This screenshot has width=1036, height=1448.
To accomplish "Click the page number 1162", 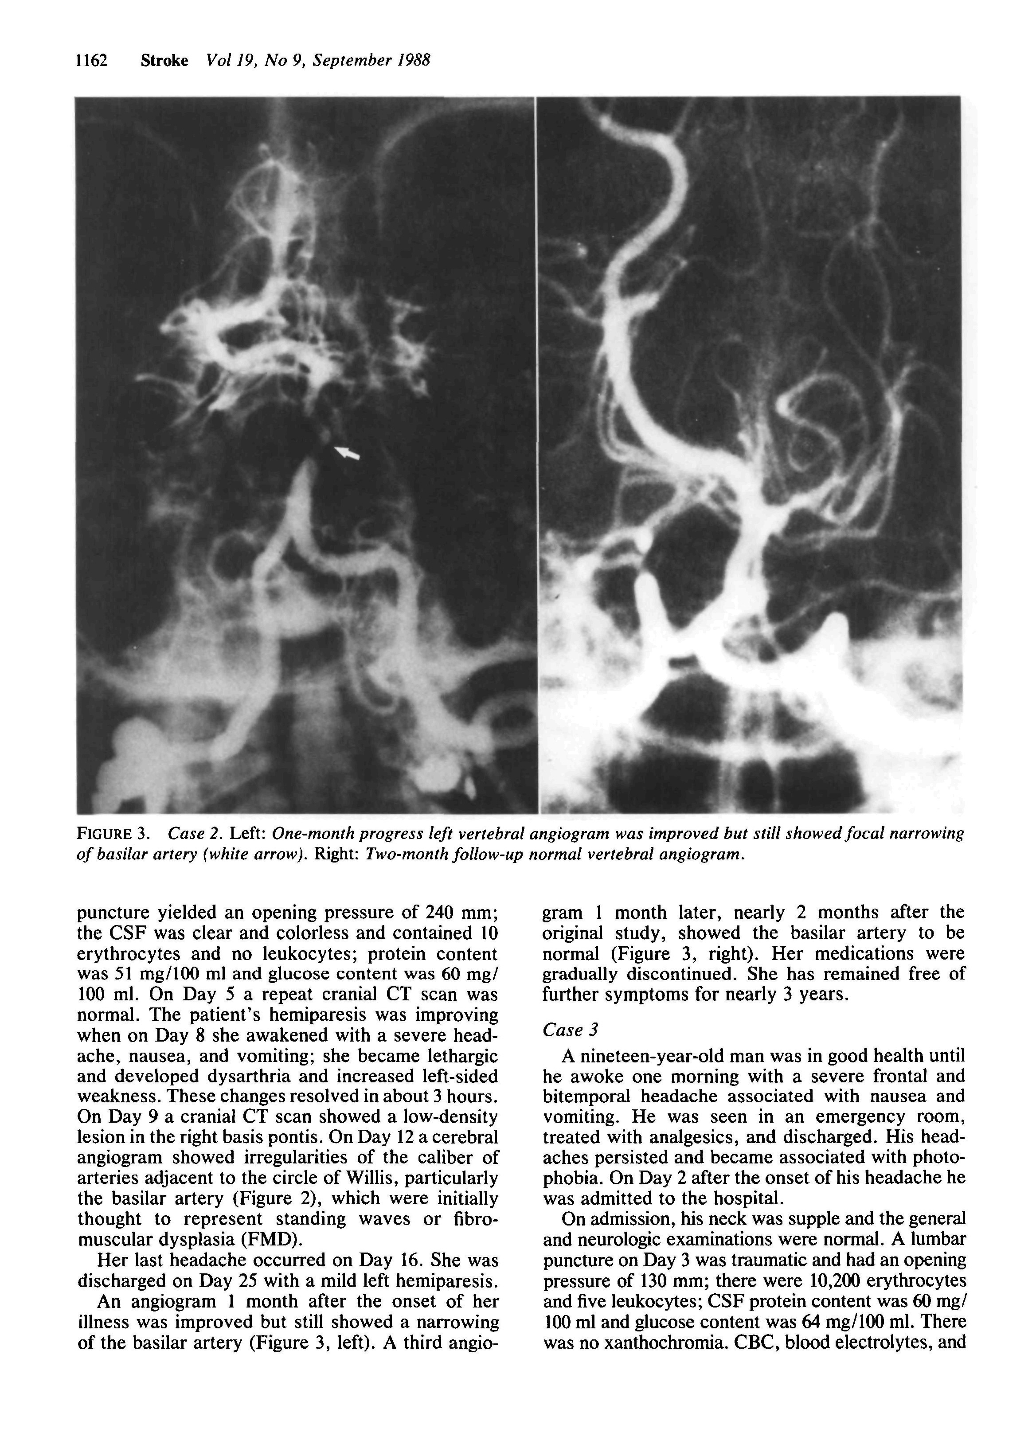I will [x=92, y=61].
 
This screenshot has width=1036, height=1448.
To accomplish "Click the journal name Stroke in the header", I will [x=164, y=61].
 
